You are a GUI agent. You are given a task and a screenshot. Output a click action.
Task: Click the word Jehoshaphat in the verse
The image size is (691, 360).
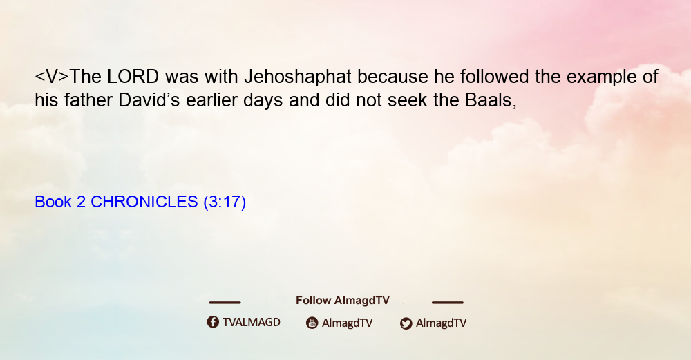click(x=297, y=77)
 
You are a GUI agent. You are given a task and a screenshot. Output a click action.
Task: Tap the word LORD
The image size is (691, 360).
click(x=133, y=77)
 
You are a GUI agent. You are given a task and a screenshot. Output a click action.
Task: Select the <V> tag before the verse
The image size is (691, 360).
click(x=52, y=77)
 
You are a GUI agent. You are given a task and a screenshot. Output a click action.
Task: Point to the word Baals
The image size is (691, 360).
click(x=491, y=100)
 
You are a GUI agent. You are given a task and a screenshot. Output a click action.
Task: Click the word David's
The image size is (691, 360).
click(x=149, y=100)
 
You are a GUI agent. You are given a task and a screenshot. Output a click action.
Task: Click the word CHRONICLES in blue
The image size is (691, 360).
click(x=144, y=202)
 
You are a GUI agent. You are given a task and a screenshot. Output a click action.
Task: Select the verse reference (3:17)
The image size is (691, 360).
click(x=225, y=202)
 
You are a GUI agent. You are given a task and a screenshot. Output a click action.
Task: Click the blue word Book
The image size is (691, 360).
click(x=53, y=202)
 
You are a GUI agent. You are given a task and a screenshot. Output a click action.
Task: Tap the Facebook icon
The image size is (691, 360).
click(x=213, y=322)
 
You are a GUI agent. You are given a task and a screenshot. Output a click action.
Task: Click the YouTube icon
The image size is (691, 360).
click(x=312, y=323)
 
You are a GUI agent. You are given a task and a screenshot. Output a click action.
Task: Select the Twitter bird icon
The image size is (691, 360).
click(x=406, y=323)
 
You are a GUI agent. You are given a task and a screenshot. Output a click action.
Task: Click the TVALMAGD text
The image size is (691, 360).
click(x=252, y=323)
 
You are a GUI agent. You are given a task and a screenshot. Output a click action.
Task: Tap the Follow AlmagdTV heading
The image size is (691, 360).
click(x=343, y=301)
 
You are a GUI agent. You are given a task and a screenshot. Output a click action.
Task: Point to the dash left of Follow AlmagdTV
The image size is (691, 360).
click(x=225, y=303)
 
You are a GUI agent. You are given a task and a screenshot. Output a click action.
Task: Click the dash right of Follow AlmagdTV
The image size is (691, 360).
click(x=448, y=303)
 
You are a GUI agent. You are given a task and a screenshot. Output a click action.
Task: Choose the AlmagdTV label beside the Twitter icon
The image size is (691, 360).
click(x=441, y=323)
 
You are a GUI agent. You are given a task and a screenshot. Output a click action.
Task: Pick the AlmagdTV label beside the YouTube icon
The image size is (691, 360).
click(x=348, y=323)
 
